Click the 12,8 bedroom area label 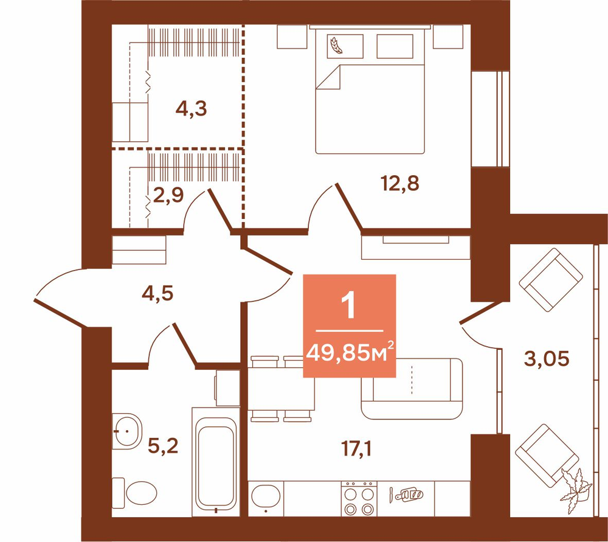(x=400, y=183)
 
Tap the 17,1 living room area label (x=356, y=449)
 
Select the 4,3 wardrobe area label (x=191, y=108)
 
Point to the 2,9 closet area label (x=168, y=195)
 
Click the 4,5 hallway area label (x=157, y=293)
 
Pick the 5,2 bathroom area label (x=163, y=446)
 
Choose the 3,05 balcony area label (x=547, y=358)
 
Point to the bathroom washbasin (x=126, y=431)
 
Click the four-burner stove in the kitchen (x=359, y=499)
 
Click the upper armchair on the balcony (x=551, y=280)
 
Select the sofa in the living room (x=412, y=389)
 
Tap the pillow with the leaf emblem (x=345, y=46)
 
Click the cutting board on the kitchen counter (x=410, y=495)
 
